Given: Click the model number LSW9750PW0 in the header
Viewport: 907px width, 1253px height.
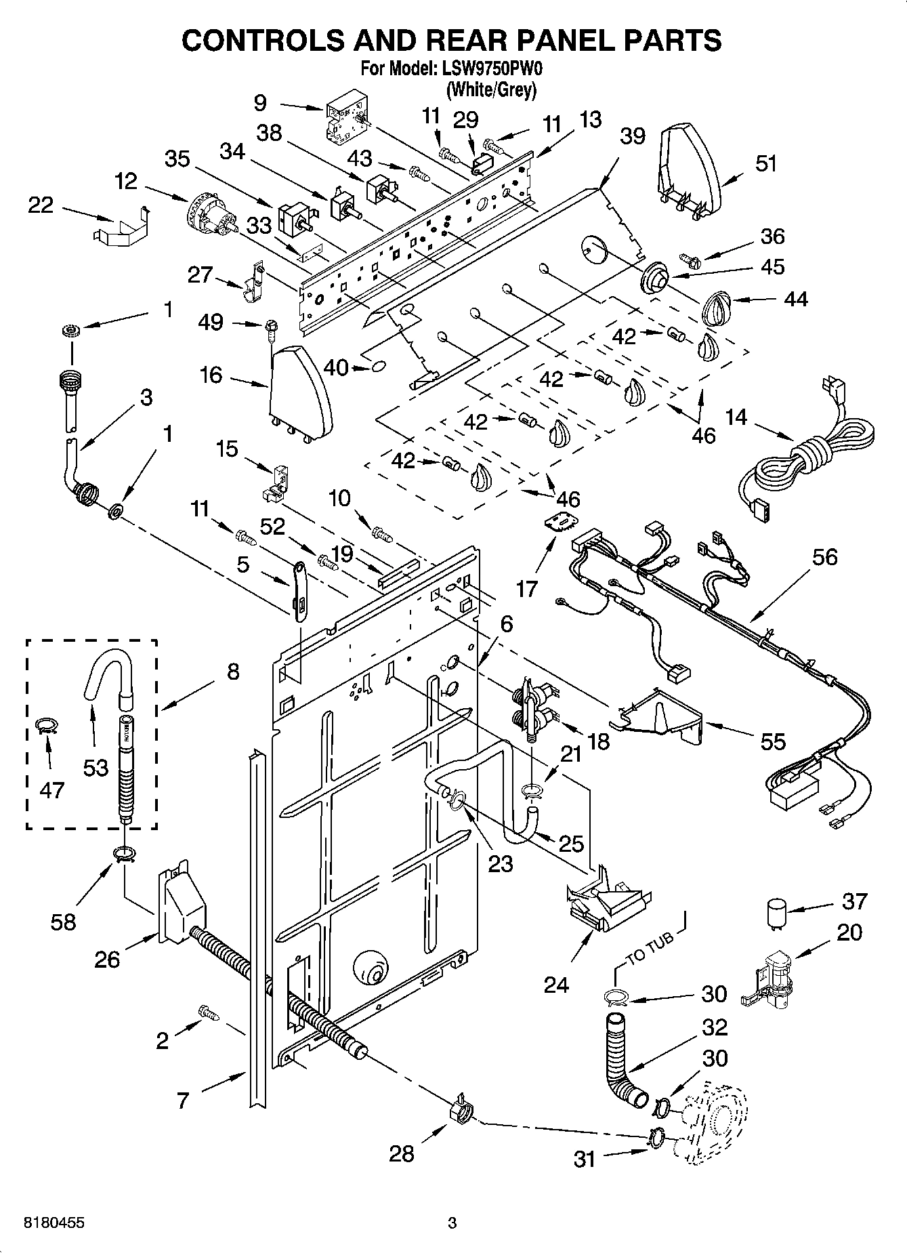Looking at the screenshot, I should click(492, 68).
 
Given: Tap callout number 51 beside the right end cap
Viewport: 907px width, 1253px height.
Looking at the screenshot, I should click(765, 163).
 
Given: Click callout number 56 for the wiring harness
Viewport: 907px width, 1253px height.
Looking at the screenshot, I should click(824, 557).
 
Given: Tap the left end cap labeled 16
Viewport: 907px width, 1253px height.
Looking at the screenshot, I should click(300, 392).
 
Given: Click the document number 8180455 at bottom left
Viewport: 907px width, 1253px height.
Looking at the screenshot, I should click(54, 1223).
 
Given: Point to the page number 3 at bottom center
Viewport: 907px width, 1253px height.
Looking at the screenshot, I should click(452, 1223).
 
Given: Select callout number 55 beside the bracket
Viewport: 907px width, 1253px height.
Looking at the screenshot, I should click(772, 741).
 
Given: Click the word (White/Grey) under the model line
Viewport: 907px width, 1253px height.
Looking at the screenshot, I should click(491, 89).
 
